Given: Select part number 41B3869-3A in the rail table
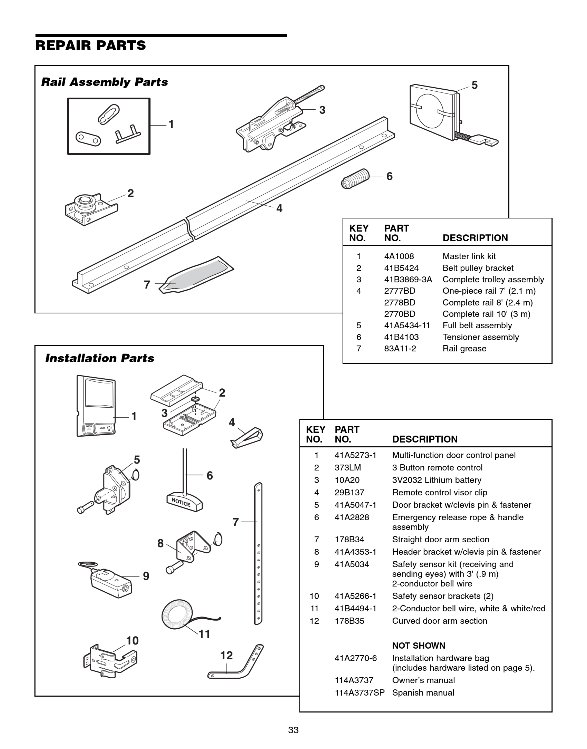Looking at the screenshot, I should point(408,279).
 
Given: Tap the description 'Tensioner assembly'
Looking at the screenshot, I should point(480,337).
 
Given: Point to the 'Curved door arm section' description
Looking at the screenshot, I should point(440,621).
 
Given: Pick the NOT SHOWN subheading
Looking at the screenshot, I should point(419,646).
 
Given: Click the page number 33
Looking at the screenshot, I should point(293,730).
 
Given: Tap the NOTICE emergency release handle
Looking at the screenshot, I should point(184,502).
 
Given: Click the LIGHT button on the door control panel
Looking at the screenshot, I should point(104,429).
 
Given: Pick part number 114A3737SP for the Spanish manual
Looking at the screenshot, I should point(359,693).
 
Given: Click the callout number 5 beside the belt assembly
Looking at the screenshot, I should point(474,85).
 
